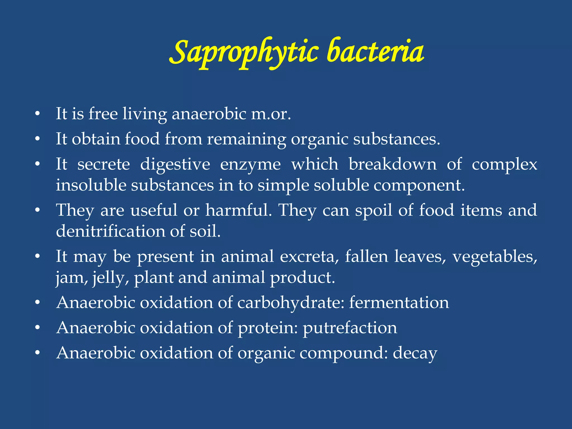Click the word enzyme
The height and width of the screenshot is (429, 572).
[250, 165]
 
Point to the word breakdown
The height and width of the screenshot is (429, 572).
[392, 164]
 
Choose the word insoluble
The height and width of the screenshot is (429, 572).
[91, 185]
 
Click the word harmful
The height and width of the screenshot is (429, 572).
[238, 210]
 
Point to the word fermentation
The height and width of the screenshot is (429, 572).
[399, 303]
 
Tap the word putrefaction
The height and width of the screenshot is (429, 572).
[350, 328]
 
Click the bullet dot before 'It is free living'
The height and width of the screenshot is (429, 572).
[37, 114]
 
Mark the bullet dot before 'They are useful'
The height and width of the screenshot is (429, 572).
[37, 210]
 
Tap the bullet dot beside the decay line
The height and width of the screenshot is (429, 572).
[37, 353]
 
